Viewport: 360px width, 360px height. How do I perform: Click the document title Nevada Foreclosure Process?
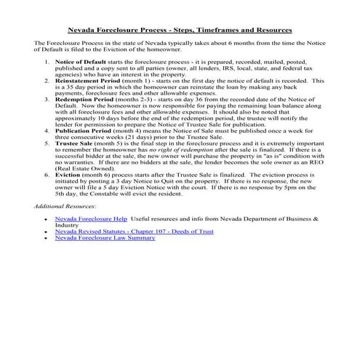point(180,31)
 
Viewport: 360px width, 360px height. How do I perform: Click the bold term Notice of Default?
point(76,63)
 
